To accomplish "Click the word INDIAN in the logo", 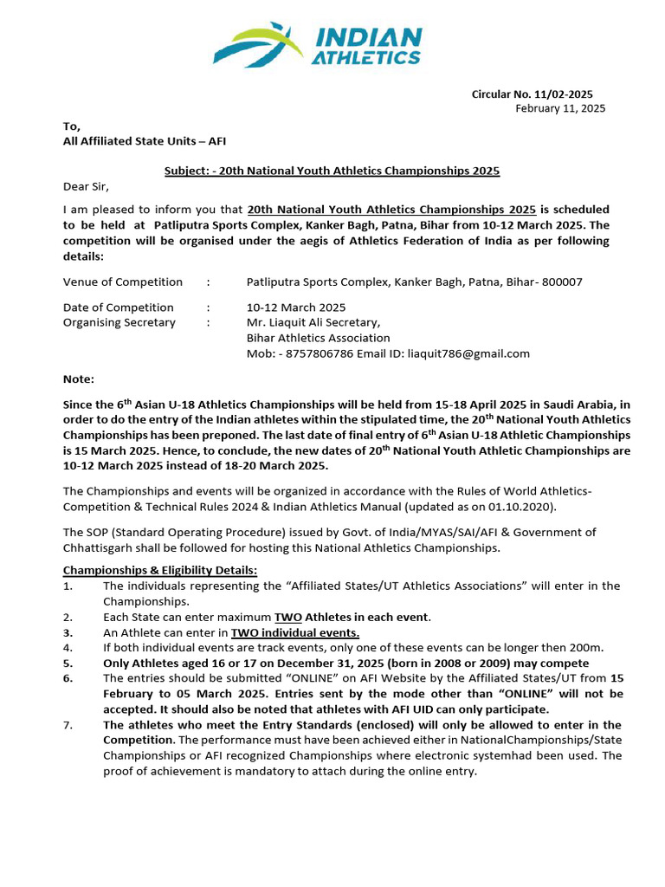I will [369, 38].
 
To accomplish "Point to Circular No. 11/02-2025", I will [532, 94].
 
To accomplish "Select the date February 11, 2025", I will [560, 108].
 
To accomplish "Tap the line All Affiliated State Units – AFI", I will [145, 140].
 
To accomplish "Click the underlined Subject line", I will [332, 171].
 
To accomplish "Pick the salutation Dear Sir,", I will [87, 186].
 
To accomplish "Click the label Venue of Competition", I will [123, 282].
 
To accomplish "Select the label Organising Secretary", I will [119, 322].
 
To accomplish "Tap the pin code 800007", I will [562, 282].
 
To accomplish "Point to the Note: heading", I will [79, 379].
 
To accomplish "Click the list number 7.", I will [68, 724].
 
